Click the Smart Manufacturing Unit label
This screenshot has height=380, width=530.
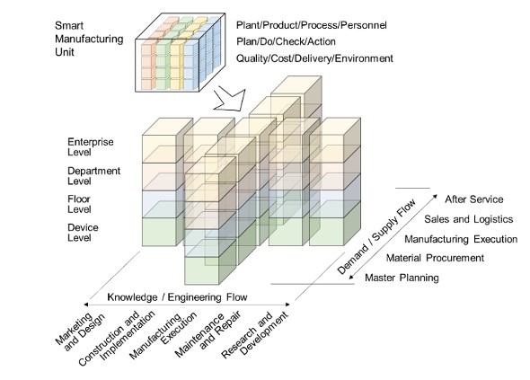point(89,39)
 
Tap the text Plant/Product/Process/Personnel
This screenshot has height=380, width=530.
point(312,25)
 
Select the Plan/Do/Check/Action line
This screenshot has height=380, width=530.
point(286,41)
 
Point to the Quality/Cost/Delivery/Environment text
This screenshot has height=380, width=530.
point(314,58)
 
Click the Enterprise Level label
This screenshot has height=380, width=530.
point(91,146)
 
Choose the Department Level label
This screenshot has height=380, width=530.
point(94,176)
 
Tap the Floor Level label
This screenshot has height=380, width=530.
point(79,204)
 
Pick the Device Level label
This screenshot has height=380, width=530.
point(83,233)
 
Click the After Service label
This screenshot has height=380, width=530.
point(474,199)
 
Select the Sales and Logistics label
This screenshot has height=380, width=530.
point(469,219)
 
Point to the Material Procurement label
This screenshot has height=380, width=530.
point(435,258)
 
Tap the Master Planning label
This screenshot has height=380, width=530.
point(402,278)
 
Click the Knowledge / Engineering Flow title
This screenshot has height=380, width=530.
point(177,297)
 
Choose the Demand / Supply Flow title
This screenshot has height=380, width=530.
point(376,236)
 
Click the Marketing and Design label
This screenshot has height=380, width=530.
point(81,331)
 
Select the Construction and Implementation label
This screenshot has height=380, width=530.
point(117,338)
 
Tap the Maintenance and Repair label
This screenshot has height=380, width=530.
point(208,333)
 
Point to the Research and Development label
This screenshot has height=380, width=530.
point(255,335)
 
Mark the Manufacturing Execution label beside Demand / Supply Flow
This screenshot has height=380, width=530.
point(461,239)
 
